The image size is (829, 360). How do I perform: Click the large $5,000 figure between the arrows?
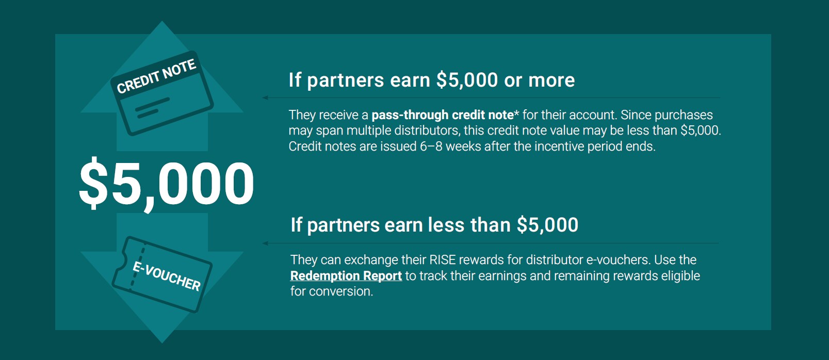click(167, 184)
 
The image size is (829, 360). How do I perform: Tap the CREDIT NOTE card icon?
click(162, 93)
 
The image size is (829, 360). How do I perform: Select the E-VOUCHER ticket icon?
click(162, 274)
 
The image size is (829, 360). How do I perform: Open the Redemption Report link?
click(346, 276)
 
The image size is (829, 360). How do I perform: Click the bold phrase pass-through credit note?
click(443, 115)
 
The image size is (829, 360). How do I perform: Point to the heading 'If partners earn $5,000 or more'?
click(432, 80)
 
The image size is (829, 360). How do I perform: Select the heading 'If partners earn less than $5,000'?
click(434, 225)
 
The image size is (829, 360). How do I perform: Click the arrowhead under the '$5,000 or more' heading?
click(265, 97)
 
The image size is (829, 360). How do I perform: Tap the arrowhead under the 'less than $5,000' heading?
click(265, 243)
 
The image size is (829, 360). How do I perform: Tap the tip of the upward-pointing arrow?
click(162, 22)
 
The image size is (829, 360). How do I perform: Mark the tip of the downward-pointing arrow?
click(162, 342)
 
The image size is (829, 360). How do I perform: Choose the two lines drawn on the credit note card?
click(153, 108)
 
